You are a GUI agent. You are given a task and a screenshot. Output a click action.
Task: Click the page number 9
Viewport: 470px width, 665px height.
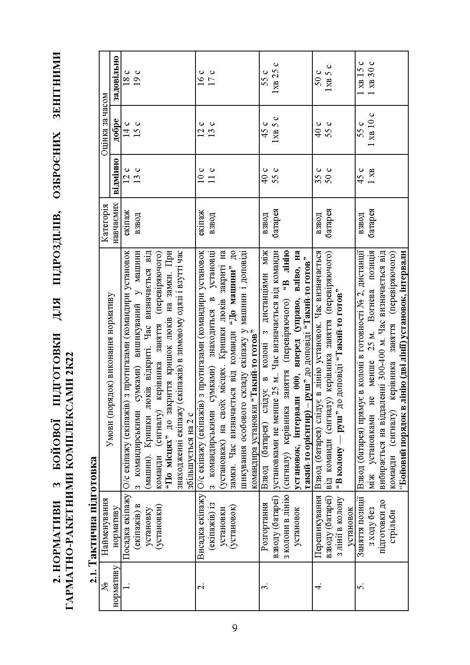pos(235,628)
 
